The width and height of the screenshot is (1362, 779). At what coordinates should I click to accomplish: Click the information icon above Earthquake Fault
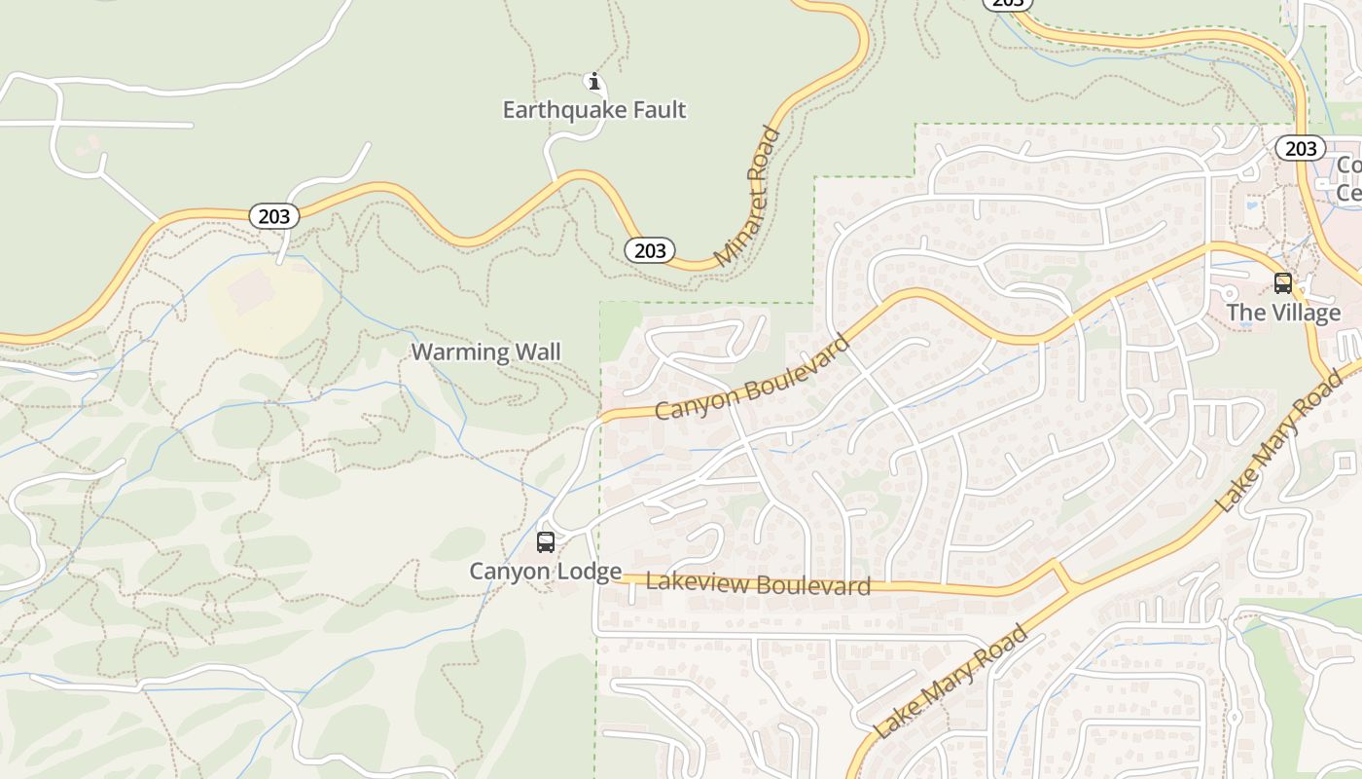(x=594, y=81)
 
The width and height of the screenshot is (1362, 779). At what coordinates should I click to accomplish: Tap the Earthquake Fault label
(x=593, y=110)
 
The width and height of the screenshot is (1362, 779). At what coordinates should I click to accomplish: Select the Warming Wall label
(x=485, y=352)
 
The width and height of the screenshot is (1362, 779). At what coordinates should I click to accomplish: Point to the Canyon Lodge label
(x=545, y=572)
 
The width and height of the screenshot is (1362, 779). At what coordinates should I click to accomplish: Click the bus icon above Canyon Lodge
(x=546, y=542)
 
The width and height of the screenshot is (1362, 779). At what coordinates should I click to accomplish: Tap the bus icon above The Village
(x=1283, y=283)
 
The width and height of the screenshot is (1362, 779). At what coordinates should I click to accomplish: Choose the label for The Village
(x=1282, y=313)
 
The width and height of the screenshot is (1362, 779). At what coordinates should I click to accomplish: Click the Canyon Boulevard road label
(x=752, y=378)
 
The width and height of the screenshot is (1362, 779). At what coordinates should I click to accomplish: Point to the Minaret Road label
(x=748, y=198)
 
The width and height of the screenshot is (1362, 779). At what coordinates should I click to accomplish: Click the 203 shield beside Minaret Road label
(x=650, y=251)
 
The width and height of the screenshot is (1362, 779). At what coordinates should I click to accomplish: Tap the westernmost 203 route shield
(x=274, y=216)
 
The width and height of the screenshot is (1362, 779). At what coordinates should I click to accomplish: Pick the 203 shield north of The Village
(x=1300, y=148)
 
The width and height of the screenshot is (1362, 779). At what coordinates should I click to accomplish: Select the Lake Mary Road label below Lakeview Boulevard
(x=950, y=683)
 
